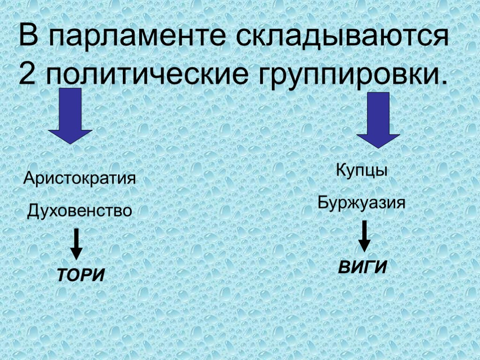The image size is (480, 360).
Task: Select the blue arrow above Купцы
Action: coord(378,119)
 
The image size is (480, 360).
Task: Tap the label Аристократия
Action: coord(80,179)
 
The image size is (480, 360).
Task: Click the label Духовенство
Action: coord(80,211)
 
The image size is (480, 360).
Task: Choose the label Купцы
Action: coord(361,170)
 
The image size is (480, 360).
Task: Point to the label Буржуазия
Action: coord(361,203)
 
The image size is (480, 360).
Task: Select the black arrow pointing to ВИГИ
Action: coord(364,237)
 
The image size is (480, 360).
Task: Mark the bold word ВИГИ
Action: coord(363,268)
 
